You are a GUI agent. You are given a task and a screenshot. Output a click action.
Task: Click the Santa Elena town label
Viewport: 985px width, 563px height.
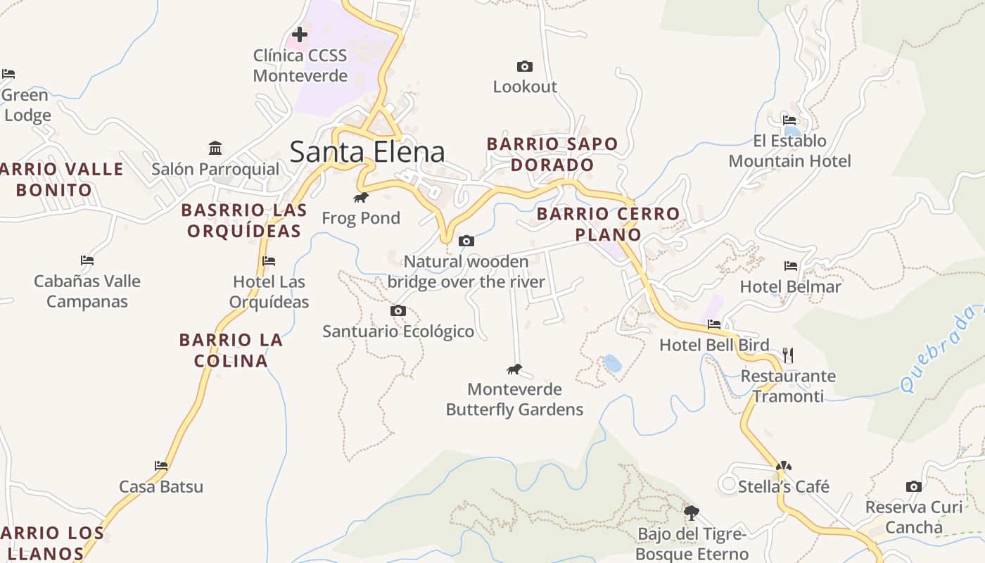[x=367, y=152]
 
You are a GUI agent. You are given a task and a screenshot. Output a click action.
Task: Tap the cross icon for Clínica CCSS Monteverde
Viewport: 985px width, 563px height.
[x=300, y=34]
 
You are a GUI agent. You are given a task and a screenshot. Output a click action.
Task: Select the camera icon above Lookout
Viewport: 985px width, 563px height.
[x=524, y=66]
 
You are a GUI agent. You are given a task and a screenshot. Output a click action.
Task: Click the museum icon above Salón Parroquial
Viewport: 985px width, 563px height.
[x=215, y=148]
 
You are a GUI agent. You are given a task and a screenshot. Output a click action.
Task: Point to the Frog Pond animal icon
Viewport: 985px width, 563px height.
[x=361, y=197]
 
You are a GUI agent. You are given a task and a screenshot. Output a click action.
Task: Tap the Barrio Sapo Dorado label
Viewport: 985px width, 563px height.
[x=552, y=154]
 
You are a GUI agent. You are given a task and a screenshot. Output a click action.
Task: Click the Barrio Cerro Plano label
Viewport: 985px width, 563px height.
[x=609, y=224]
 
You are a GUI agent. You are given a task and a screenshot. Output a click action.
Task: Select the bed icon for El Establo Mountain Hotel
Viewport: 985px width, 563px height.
[x=789, y=120]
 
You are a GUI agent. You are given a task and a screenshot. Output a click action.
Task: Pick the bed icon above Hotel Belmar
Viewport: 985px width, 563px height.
[x=791, y=266]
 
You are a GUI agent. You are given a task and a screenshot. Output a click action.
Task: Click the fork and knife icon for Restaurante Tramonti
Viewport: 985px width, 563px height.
[x=788, y=355]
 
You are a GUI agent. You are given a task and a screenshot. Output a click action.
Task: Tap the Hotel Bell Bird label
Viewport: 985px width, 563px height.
[x=714, y=345]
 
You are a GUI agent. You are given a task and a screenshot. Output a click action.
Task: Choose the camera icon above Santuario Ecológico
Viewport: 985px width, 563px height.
[x=398, y=310]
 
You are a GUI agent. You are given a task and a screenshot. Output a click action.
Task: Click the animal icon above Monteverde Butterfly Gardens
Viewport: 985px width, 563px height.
[x=514, y=369]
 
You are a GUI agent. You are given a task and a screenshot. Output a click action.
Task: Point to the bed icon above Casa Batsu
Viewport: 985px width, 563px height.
[x=161, y=465]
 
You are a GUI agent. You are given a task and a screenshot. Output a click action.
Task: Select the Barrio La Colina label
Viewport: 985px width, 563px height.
[x=231, y=350]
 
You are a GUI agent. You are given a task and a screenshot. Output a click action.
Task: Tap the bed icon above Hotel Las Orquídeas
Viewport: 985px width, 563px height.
[x=268, y=261]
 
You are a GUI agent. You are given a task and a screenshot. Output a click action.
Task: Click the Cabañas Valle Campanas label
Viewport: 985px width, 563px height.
[x=87, y=291]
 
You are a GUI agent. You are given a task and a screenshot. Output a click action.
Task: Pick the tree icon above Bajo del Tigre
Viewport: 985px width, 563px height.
[x=691, y=512]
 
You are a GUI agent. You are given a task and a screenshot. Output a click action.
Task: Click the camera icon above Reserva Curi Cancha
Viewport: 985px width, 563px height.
[x=913, y=486]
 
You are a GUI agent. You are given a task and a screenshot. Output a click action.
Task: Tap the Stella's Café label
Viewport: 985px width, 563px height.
[x=783, y=486]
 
